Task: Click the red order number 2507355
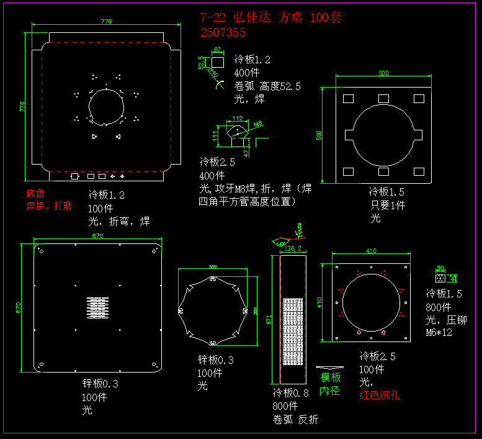[x=223, y=32]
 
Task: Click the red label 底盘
[x=35, y=194]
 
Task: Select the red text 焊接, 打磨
[x=49, y=206]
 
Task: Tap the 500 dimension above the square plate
[x=383, y=73]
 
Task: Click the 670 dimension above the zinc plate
[x=97, y=235]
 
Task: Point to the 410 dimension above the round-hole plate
[x=371, y=251]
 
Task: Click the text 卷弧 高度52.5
[x=267, y=86]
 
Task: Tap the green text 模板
[x=330, y=377]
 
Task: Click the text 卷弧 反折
[x=295, y=419]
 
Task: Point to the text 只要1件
[x=388, y=205]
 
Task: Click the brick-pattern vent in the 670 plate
[x=97, y=309]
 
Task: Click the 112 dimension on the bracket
[x=237, y=118]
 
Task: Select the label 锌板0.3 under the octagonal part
[x=215, y=360]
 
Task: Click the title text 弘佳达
[x=252, y=17]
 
